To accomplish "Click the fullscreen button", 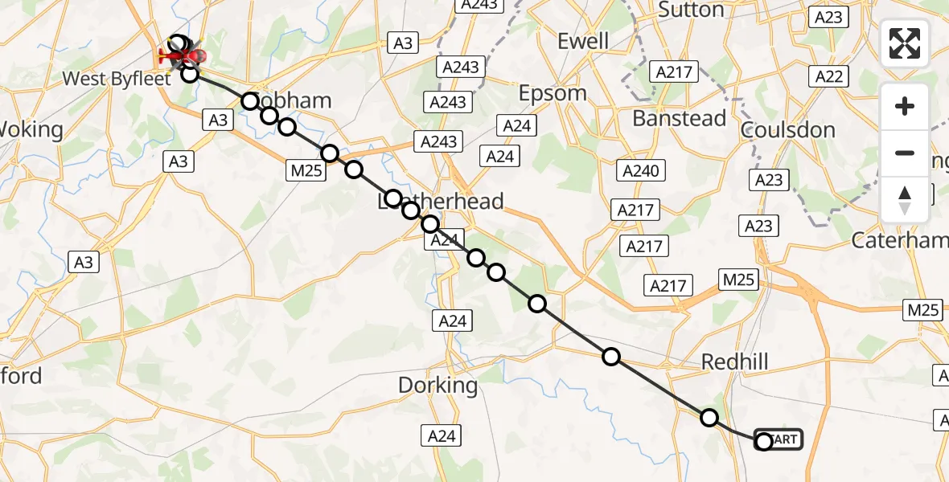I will [905, 43].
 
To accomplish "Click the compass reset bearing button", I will [905, 200].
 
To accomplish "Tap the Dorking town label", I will [438, 386].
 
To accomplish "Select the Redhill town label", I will [734, 361].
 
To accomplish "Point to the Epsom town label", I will [553, 93].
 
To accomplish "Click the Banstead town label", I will [680, 118].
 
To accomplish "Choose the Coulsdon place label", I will [789, 130].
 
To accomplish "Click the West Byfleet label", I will [117, 79].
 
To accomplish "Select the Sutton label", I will [692, 10].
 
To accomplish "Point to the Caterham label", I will [901, 240].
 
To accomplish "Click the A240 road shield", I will [641, 170].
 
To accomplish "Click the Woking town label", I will [32, 129].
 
